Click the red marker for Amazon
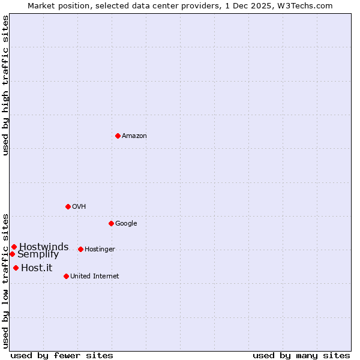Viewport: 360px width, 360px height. point(118,136)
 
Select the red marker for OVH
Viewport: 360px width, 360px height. point(68,206)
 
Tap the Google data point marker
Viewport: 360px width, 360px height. point(111,223)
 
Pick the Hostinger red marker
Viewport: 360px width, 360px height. point(80,249)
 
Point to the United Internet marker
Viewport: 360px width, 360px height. point(66,276)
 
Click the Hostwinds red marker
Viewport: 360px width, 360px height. point(14,247)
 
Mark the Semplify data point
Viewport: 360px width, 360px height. point(12,254)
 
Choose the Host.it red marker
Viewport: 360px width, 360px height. point(16,268)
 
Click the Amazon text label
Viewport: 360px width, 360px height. point(134,136)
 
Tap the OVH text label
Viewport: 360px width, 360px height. point(79,207)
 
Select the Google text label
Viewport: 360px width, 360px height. point(126,224)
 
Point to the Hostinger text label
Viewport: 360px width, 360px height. point(100,250)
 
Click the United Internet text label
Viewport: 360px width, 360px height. point(94,277)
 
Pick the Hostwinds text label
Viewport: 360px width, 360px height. point(44,247)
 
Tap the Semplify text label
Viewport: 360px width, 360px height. point(38,254)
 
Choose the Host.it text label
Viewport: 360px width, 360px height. point(37,268)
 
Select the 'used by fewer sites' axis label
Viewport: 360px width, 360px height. point(62,355)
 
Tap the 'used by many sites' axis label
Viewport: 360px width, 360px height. point(301,355)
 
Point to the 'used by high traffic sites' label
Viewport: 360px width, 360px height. point(5,86)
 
